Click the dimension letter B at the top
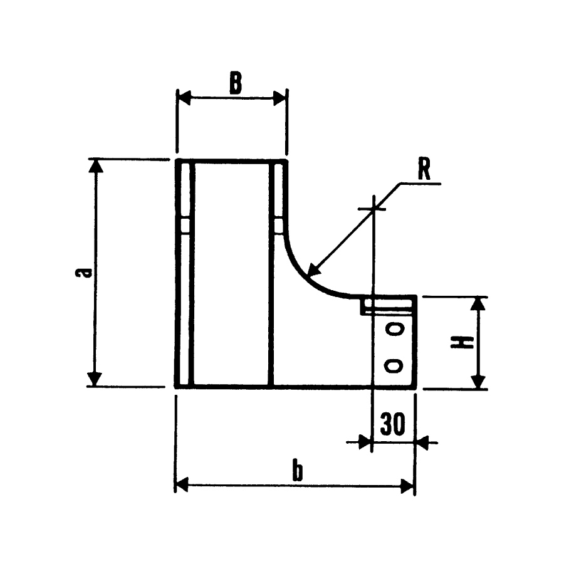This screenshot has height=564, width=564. tap(235, 83)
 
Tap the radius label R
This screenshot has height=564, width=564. tap(425, 170)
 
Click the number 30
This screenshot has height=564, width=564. tap(393, 426)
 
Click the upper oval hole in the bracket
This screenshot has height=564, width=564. tap(394, 329)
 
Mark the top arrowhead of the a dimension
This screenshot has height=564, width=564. tap(95, 167)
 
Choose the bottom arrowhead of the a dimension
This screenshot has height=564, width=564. tap(95, 379)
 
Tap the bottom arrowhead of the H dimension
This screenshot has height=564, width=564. tap(478, 382)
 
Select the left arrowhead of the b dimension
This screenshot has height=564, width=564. tap(182, 485)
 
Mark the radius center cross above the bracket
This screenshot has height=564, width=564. tap(373, 207)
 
